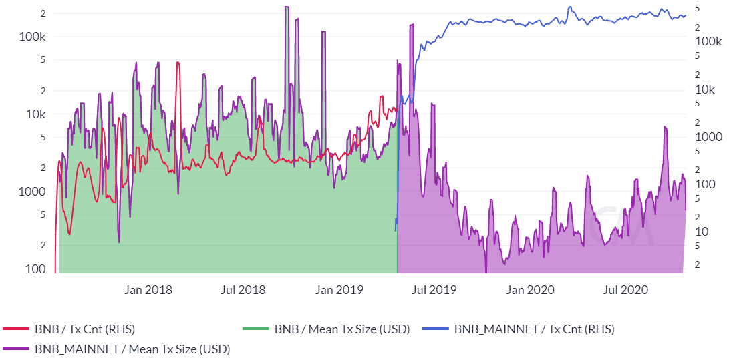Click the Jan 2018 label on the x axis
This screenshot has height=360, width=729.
148,289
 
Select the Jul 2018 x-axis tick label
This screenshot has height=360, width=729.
243,289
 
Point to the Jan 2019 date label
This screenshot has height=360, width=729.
339,289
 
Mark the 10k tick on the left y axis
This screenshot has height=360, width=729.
33,114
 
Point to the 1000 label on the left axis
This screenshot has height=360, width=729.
31,192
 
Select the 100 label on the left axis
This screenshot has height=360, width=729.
35,269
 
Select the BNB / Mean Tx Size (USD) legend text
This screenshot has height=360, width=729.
341,329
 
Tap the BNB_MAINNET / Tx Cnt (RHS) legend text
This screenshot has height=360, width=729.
534,329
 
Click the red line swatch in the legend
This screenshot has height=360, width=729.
16,329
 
